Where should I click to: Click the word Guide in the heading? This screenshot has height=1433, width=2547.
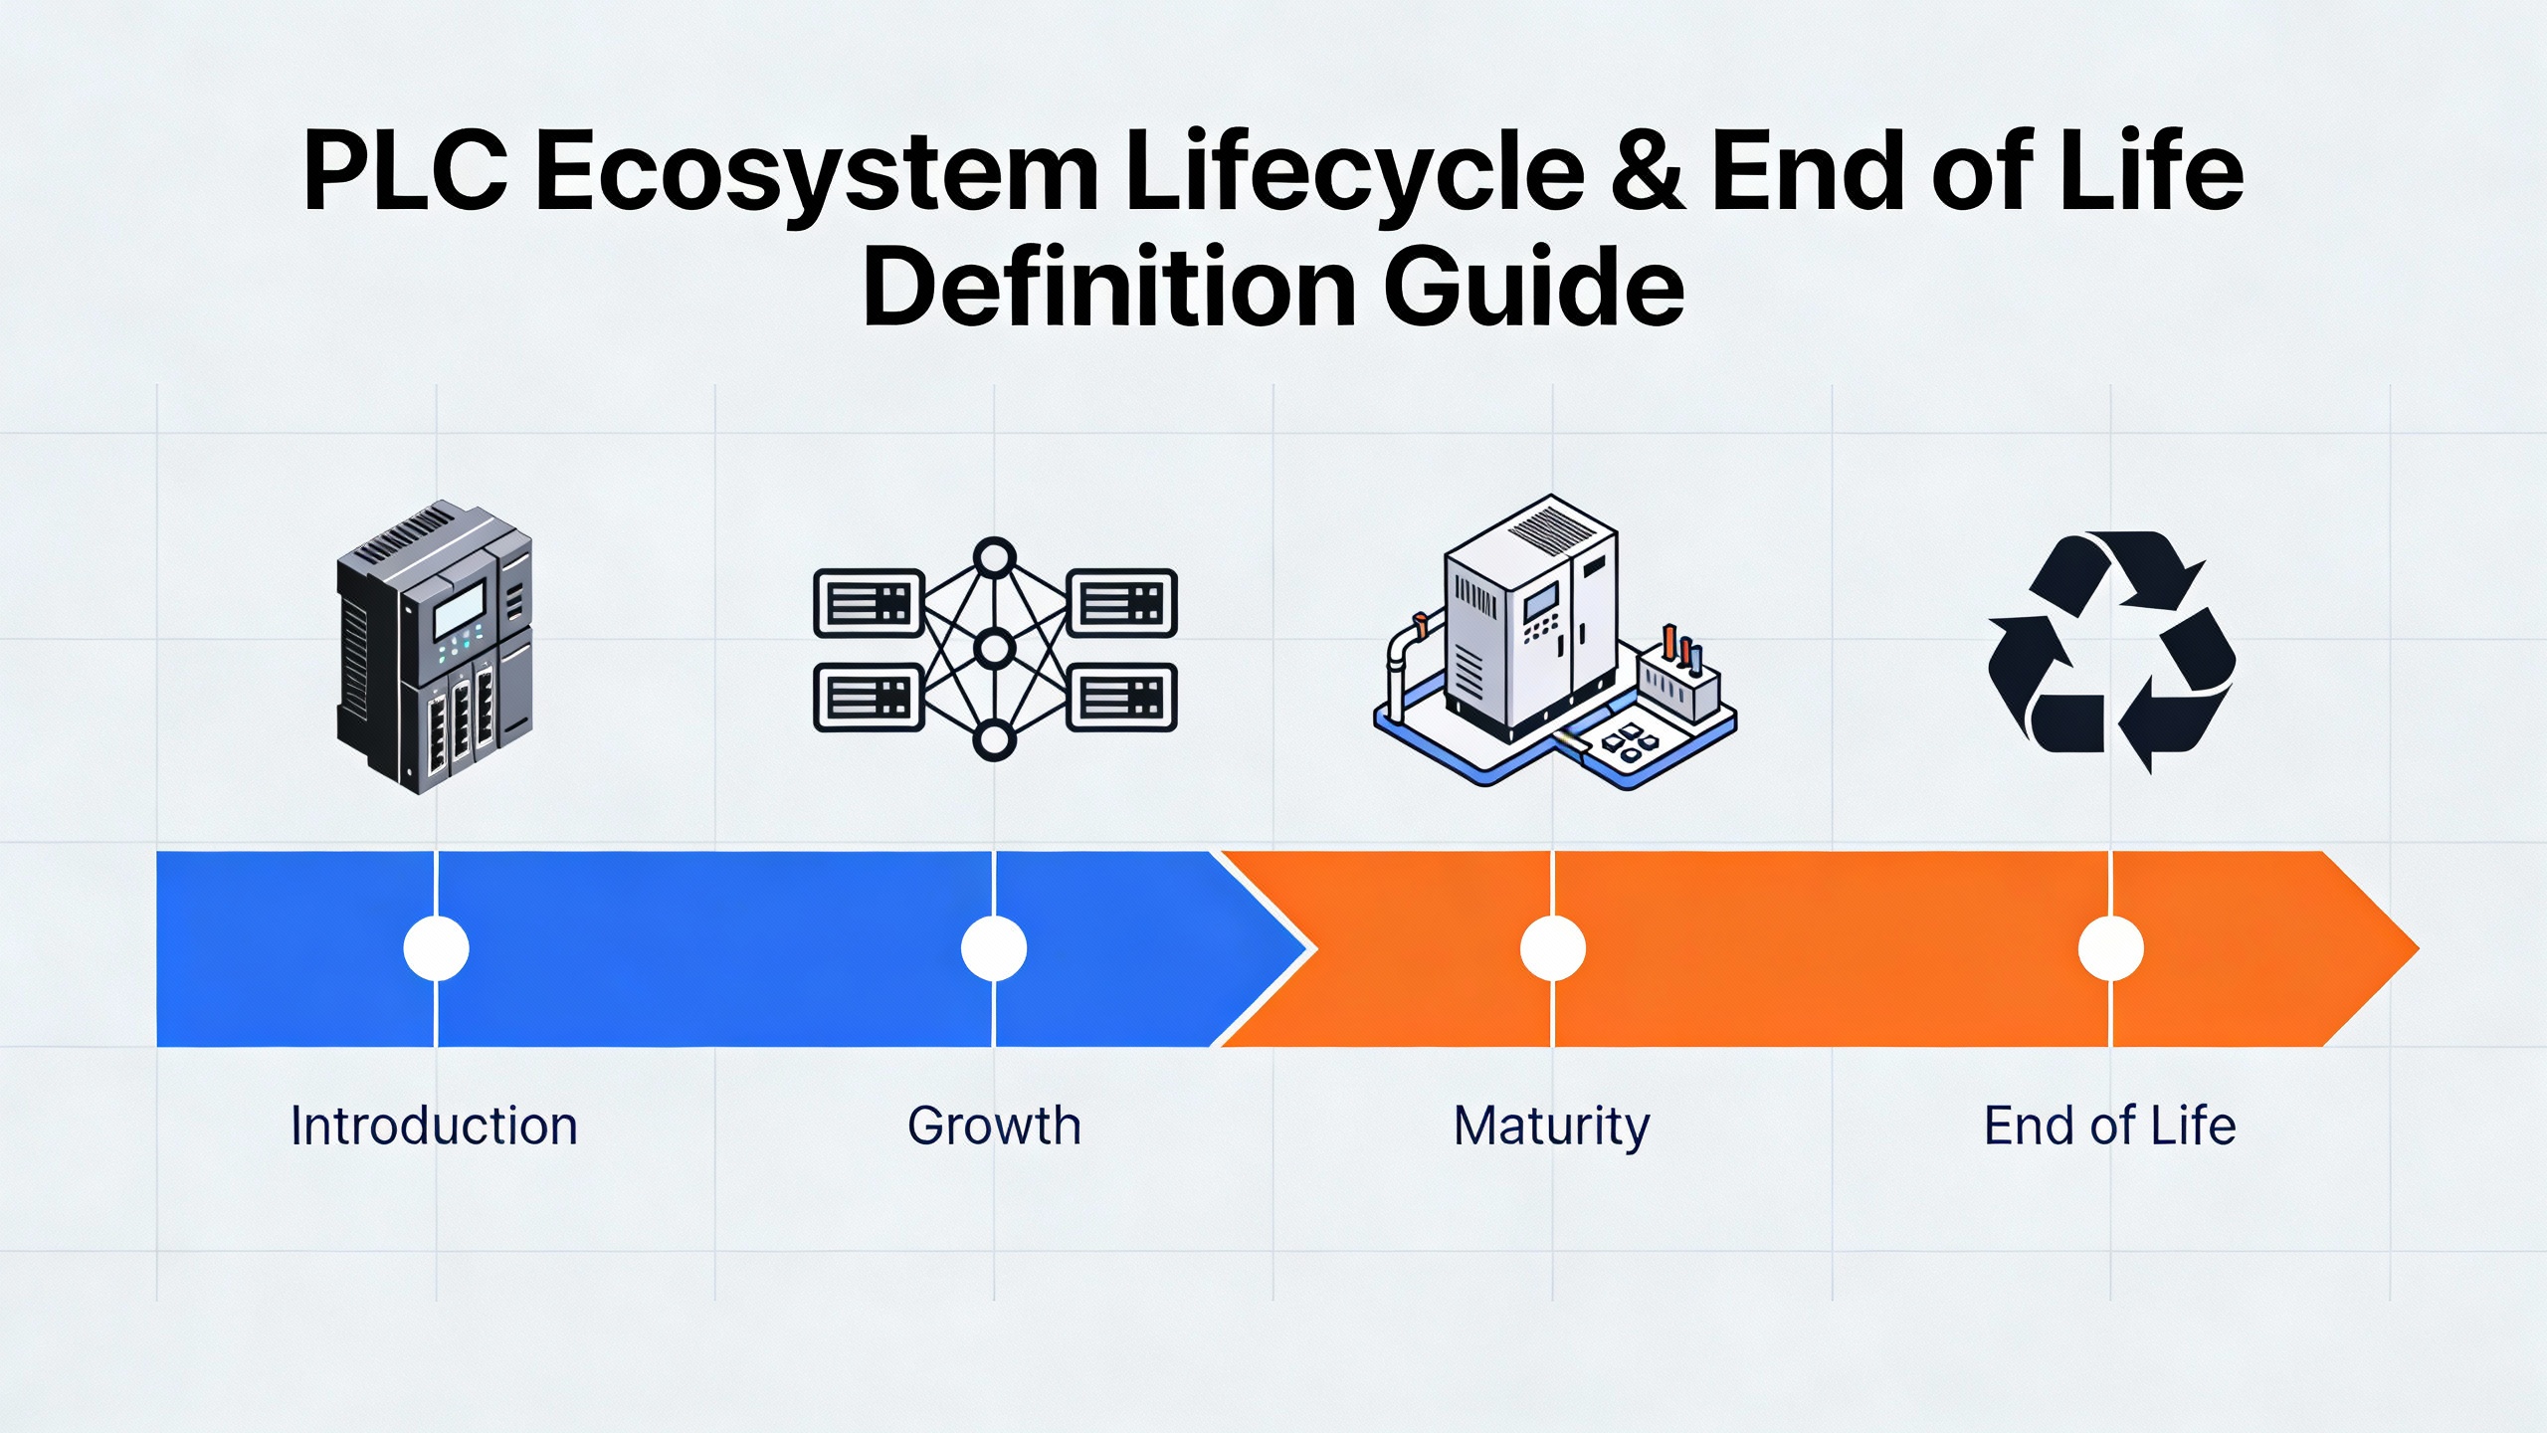pyautogui.click(x=1534, y=287)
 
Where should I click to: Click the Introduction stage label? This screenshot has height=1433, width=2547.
pyautogui.click(x=434, y=1126)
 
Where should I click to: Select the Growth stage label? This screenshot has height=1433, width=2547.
pyautogui.click(x=994, y=1126)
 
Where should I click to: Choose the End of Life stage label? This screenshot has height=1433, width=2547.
pyautogui.click(x=2109, y=1126)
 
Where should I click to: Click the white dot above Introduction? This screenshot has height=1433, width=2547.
pyautogui.click(x=436, y=948)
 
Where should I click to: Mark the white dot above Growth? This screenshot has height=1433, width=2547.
pyautogui.click(x=994, y=948)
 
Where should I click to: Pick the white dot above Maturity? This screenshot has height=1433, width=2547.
pyautogui.click(x=1552, y=948)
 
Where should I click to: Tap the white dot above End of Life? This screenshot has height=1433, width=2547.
pyautogui.click(x=2110, y=948)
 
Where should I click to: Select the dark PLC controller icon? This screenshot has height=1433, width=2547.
pyautogui.click(x=436, y=647)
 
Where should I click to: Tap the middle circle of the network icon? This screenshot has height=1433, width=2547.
pyautogui.click(x=994, y=649)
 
